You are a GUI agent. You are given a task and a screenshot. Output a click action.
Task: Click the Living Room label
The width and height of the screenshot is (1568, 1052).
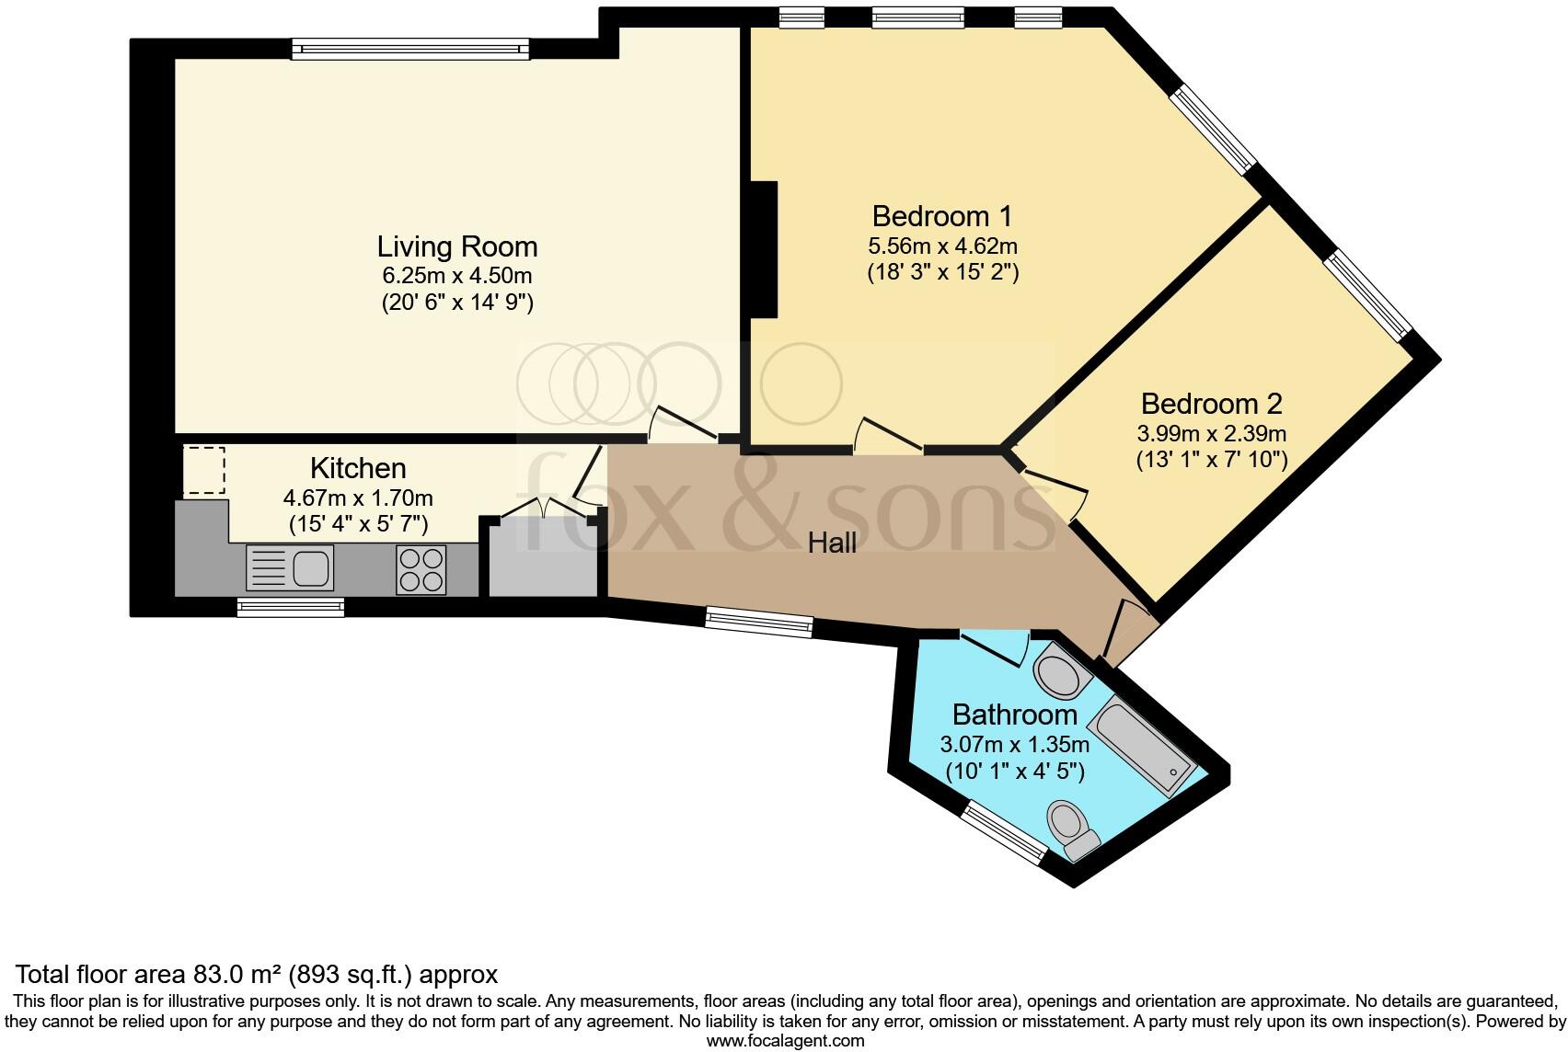point(457,246)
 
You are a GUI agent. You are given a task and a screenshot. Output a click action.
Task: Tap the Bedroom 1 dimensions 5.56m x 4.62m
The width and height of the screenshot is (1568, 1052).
point(942,246)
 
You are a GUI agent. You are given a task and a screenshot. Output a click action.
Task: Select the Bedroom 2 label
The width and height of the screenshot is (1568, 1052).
point(1211,404)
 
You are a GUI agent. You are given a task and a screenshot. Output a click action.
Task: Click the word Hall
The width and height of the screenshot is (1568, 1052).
point(832,543)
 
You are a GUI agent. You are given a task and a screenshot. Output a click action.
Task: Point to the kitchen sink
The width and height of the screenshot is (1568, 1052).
point(289,567)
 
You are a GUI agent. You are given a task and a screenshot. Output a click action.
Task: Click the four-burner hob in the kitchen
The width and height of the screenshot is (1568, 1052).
point(421,569)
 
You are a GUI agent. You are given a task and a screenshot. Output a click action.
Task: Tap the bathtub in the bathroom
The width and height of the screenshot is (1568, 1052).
point(1145,746)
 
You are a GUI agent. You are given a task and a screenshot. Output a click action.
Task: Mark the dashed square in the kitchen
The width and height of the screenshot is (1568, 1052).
point(204,471)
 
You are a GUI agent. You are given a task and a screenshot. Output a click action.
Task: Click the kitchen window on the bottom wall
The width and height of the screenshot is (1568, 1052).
point(290,606)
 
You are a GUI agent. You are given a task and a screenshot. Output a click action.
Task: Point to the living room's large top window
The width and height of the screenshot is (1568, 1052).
point(410,50)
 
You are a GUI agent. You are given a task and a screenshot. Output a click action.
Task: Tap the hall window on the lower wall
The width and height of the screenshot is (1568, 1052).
point(759,622)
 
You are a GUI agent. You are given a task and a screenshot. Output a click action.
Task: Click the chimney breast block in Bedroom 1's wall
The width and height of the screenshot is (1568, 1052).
point(764,249)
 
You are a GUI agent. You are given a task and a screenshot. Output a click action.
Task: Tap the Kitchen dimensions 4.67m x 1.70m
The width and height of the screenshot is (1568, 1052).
point(358,498)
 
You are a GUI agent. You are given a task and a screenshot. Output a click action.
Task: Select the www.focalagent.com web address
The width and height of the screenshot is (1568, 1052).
point(785,1042)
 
